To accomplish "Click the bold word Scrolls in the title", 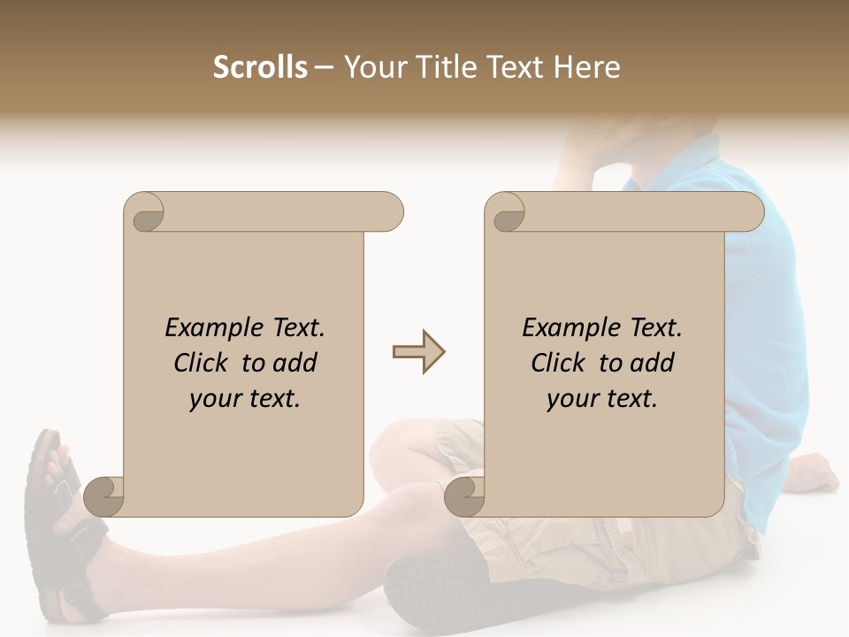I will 260,67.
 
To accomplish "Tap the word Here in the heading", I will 587,67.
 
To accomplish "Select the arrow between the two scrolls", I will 418,352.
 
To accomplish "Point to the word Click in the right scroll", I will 559,363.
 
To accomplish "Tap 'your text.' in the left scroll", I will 245,398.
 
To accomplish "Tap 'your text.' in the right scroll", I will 601,398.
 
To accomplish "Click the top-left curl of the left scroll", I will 145,213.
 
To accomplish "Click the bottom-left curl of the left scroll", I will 104,496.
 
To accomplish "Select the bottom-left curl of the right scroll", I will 464,496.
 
